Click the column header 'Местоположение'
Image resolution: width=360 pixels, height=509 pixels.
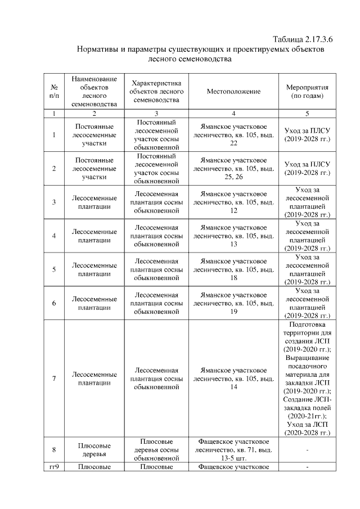click(x=233, y=91)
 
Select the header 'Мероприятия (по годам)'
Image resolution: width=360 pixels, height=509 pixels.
click(x=307, y=91)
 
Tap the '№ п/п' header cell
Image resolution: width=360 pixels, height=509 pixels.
click(x=54, y=91)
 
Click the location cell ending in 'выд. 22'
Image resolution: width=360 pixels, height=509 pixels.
click(x=233, y=135)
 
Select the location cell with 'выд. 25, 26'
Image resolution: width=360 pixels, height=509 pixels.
click(x=233, y=168)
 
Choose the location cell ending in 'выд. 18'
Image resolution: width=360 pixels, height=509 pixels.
click(x=233, y=269)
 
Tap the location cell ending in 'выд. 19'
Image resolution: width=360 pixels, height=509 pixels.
click(x=233, y=303)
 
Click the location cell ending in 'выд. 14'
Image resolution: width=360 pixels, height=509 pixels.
click(x=233, y=379)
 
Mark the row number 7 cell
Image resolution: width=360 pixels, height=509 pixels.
click(x=54, y=379)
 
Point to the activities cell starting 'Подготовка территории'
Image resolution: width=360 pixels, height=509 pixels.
click(x=307, y=379)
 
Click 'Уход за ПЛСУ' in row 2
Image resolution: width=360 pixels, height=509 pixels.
click(x=307, y=168)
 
